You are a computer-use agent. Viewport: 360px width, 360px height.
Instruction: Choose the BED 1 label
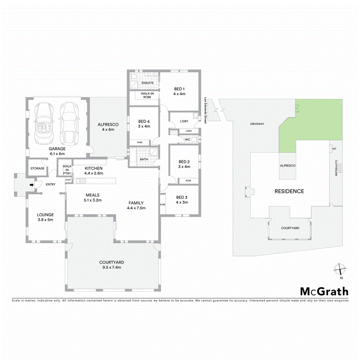click(x=180, y=91)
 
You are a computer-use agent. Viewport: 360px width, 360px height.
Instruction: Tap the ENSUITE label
click(x=148, y=83)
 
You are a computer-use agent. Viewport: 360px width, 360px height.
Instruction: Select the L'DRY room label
click(x=184, y=121)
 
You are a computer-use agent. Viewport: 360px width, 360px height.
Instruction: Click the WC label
click(x=187, y=139)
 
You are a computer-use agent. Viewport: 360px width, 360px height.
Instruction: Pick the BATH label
click(x=144, y=159)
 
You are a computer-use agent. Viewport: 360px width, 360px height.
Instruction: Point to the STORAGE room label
click(x=37, y=168)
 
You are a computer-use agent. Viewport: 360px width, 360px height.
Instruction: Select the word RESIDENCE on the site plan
click(x=289, y=191)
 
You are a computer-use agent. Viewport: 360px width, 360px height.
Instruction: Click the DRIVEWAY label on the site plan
click(x=257, y=124)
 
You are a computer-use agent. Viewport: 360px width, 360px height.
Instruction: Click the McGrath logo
click(x=324, y=291)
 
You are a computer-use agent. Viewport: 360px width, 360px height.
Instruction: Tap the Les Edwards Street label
click(x=205, y=110)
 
